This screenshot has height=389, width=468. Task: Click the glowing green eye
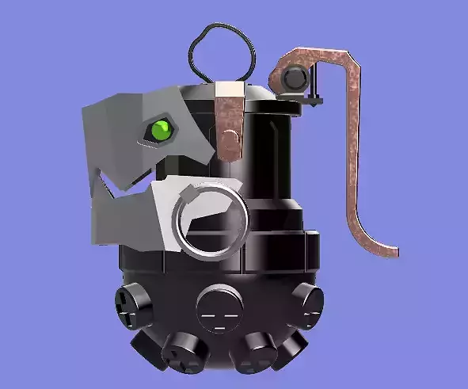tap(162, 128)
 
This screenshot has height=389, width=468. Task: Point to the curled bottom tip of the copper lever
tap(389, 252)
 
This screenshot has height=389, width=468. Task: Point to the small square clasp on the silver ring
tap(189, 194)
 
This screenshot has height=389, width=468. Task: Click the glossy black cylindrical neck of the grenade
tap(269, 158)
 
